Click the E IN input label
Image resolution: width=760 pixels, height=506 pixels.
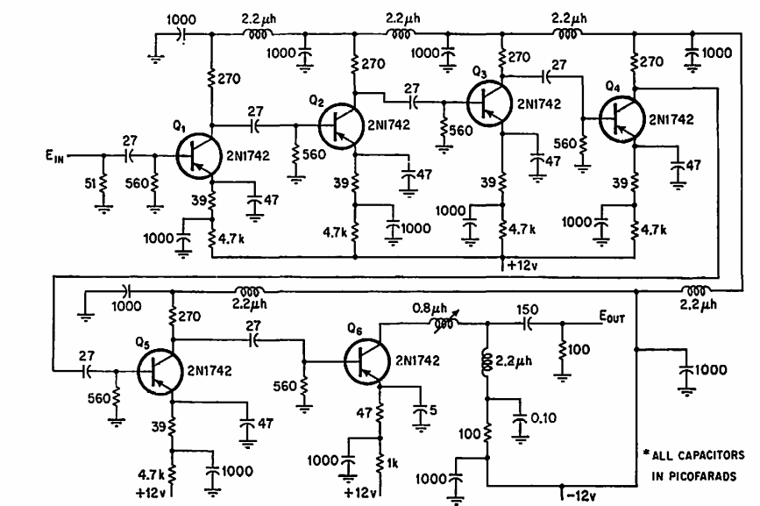click(54, 157)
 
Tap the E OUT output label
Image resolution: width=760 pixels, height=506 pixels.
click(612, 317)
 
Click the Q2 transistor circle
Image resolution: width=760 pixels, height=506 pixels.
click(341, 126)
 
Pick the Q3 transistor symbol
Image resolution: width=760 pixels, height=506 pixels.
click(489, 103)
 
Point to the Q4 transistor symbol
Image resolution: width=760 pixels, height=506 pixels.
click(621, 119)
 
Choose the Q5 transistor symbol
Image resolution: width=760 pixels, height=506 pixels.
click(160, 372)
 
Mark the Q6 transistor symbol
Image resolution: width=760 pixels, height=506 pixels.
click(367, 361)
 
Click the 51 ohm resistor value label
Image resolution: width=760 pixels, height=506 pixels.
click(90, 183)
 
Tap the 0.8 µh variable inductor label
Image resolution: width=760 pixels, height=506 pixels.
click(430, 309)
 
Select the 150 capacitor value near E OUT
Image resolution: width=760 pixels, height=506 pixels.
click(527, 310)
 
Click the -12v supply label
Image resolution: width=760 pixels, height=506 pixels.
click(581, 495)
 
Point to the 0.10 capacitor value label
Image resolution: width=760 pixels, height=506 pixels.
click(543, 417)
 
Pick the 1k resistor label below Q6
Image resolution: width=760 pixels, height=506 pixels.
click(393, 463)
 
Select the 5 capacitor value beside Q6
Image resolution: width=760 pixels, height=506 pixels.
click(433, 410)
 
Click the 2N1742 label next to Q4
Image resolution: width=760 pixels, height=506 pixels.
click(671, 120)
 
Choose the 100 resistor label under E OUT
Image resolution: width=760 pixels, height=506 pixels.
click(579, 349)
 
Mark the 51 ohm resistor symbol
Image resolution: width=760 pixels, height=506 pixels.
click(103, 184)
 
